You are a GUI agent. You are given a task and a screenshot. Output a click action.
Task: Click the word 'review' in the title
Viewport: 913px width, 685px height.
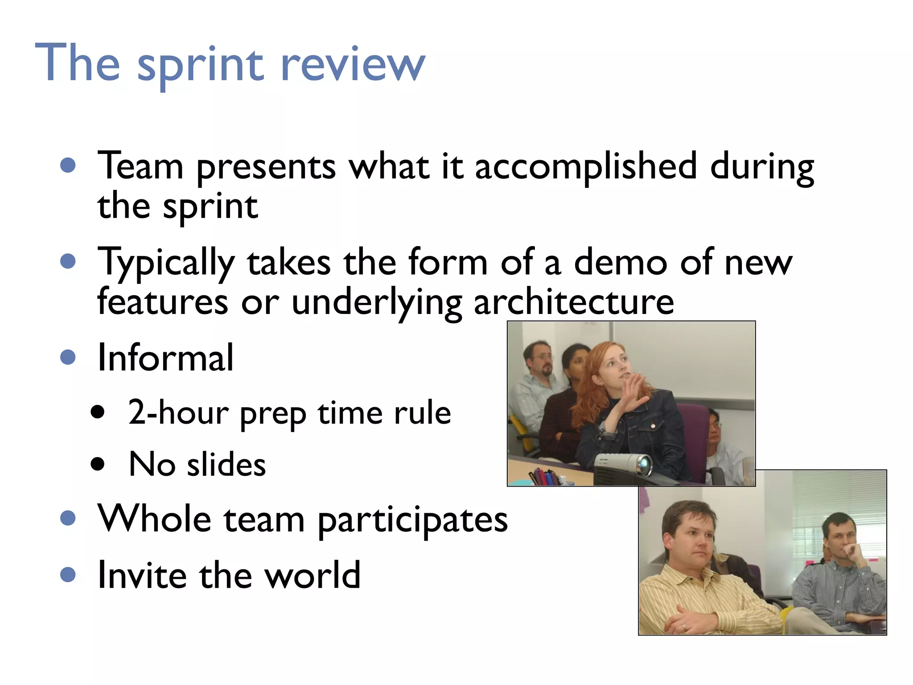point(352,65)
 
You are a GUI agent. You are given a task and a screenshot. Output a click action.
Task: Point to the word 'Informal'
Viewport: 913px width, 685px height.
point(165,358)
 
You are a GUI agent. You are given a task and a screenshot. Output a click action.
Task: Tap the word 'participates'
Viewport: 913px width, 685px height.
point(412,520)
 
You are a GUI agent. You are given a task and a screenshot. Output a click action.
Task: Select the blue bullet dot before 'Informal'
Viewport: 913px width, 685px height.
point(68,357)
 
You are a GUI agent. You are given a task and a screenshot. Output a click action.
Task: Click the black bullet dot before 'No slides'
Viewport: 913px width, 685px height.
point(97,464)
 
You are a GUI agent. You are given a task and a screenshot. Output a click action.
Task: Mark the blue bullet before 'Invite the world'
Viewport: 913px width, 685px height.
point(68,574)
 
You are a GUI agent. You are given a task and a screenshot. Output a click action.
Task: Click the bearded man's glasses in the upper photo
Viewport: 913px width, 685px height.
point(543,357)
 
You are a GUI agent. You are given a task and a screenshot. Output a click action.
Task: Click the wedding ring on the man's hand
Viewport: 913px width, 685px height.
point(683,626)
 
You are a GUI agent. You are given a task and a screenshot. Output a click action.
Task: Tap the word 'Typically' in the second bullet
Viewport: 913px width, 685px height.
point(165,263)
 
